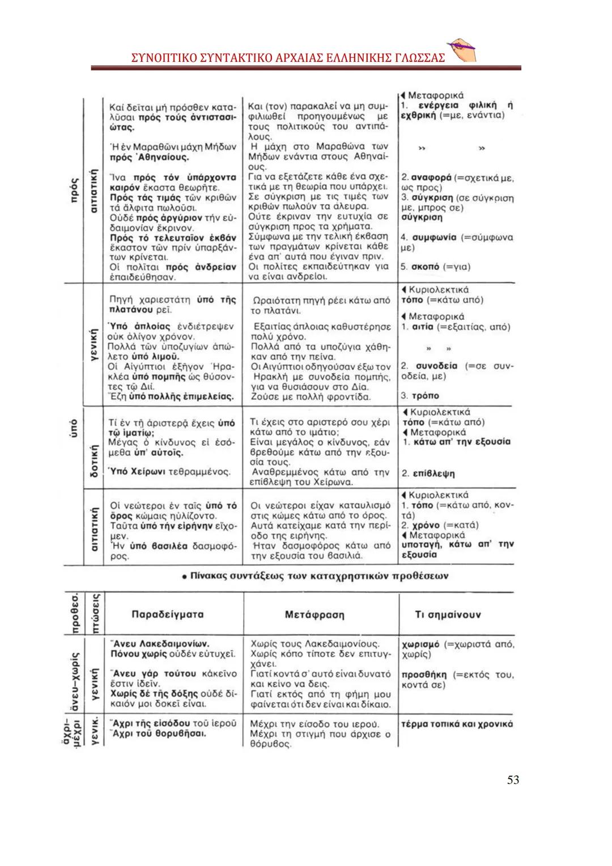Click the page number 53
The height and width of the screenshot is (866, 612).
coord(512,780)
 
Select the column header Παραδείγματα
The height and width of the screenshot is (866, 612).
coord(167,614)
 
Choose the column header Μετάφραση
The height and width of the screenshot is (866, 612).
coord(314,614)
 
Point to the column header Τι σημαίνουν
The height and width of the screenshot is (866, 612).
coord(448,614)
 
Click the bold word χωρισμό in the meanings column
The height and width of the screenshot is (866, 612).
coord(420,644)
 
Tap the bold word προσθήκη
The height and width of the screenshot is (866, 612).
coord(423,675)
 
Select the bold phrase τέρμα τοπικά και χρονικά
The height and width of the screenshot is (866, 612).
coord(456,724)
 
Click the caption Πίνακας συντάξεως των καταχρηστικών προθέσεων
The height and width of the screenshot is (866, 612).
coord(314,576)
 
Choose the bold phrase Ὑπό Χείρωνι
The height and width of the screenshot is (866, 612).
coord(136,472)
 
